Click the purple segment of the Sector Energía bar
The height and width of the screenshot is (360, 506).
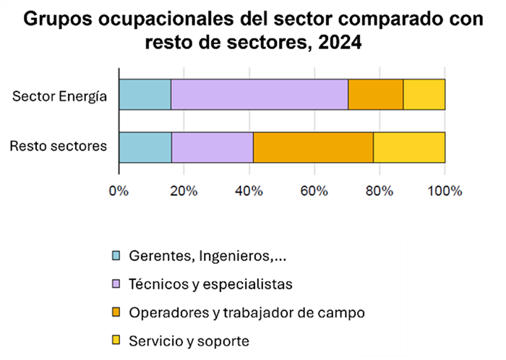259,95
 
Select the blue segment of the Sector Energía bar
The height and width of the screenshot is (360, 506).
145,95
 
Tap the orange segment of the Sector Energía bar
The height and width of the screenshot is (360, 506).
375,95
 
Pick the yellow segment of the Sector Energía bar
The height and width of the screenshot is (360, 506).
424,95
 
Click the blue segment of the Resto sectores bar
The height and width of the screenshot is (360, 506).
145,147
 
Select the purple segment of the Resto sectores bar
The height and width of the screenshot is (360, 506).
213,147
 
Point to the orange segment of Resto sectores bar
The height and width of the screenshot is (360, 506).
313,147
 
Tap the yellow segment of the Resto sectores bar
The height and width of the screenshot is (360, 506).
409,147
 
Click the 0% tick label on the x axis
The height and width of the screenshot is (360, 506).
118,191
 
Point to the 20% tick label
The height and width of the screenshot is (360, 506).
184,191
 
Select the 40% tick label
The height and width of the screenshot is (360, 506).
249,191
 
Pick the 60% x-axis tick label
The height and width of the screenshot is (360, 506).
314,191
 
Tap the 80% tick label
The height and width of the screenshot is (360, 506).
379,191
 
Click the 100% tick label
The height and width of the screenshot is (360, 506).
445,191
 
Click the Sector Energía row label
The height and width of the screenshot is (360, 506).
61,95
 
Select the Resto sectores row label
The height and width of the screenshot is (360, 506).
59,147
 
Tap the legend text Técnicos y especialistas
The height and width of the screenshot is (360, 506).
210,283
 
